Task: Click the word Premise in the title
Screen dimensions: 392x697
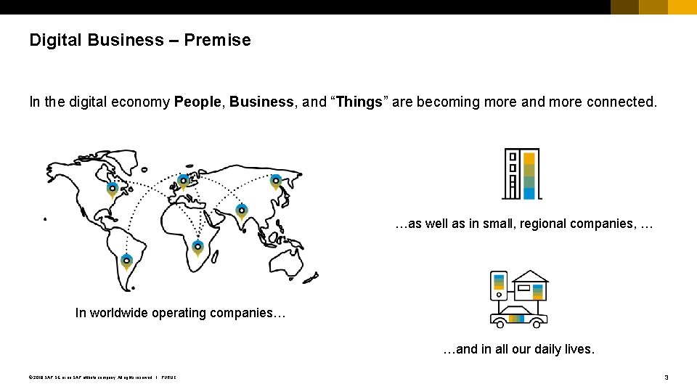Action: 217,40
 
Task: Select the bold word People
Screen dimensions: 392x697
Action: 198,102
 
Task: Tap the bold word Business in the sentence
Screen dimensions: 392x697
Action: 261,102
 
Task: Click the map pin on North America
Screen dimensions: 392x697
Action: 112,189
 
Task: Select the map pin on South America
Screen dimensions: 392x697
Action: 127,261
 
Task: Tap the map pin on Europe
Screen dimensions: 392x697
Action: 183,180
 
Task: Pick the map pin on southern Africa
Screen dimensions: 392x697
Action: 197,248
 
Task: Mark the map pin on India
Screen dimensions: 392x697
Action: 242,211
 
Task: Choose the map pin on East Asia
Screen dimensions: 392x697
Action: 276,181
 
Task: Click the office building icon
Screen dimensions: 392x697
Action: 522,174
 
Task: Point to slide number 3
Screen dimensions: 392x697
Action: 667,377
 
